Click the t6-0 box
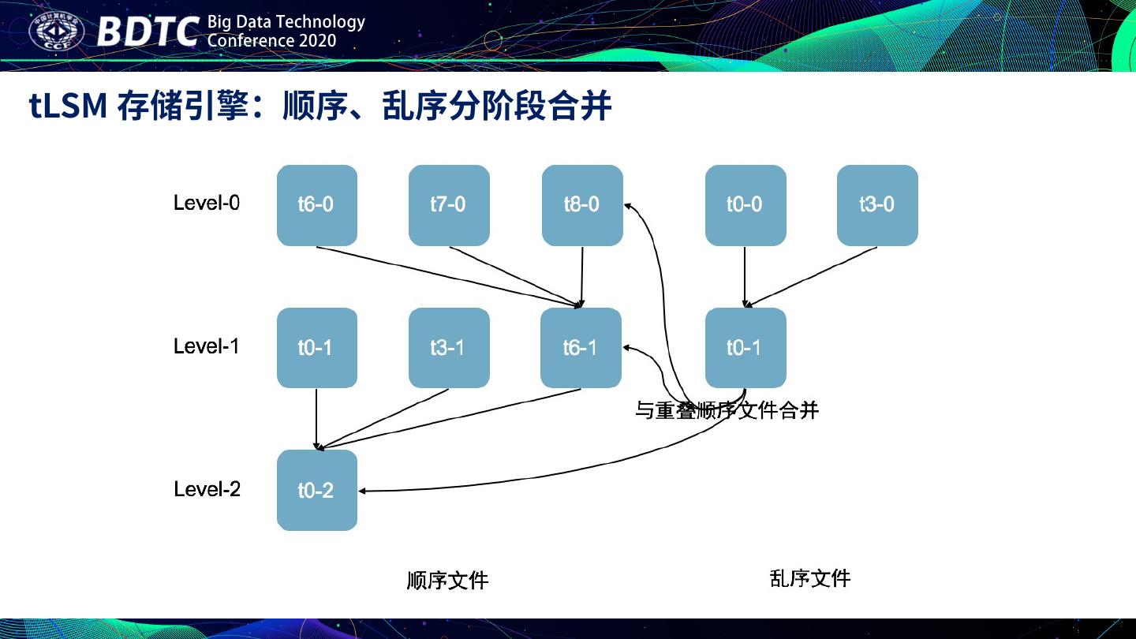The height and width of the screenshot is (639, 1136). [316, 205]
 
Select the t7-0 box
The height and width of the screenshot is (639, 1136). [448, 205]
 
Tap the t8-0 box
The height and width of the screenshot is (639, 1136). [581, 205]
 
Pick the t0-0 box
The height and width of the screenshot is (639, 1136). [745, 205]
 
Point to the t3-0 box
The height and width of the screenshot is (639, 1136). [876, 205]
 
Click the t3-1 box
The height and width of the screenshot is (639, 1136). [448, 348]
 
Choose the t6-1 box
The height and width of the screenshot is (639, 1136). [581, 348]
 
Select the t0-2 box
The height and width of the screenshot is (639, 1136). [316, 491]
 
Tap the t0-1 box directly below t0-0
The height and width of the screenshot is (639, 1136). [745, 348]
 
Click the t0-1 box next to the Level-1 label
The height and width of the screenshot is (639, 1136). [316, 348]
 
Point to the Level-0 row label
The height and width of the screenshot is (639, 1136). [207, 204]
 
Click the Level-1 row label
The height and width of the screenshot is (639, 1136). [207, 346]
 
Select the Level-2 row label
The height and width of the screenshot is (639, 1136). [207, 489]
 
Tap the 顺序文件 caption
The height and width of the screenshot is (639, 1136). [447, 581]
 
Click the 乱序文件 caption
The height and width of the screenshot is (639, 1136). [809, 578]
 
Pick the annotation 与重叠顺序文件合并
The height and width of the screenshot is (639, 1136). [727, 410]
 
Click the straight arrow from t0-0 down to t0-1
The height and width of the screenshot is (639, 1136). [745, 276]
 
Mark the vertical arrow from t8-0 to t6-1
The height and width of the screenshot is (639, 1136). [581, 276]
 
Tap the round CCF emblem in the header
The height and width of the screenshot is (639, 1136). [56, 32]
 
